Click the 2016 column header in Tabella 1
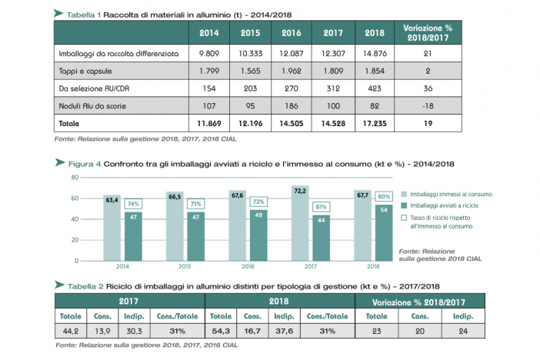292,33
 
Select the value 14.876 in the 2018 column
375,53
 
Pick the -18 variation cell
428,106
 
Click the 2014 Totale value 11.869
209,123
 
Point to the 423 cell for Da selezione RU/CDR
375,88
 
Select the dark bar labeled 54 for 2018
384,233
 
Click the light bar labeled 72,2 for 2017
300,223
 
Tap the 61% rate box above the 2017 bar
321,207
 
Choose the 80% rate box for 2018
384,196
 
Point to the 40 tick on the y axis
75,219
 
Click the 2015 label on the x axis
185,266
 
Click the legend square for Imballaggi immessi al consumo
404,195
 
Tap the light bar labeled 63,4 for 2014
112,228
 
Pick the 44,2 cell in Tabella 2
71,331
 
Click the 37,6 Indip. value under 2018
284,331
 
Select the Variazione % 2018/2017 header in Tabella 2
418,302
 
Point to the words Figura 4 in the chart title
85,164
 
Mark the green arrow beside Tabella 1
58,13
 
